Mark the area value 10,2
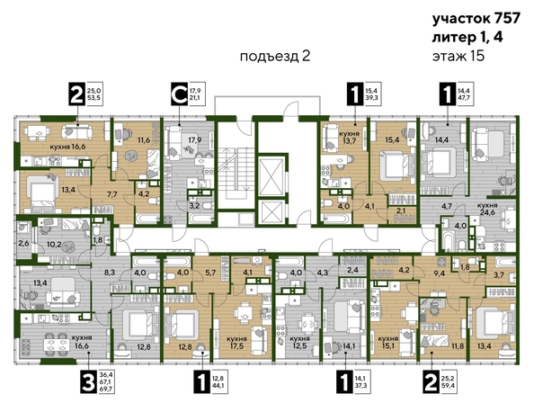point(54,244)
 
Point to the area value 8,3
point(110,270)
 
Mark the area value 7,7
point(113,194)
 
